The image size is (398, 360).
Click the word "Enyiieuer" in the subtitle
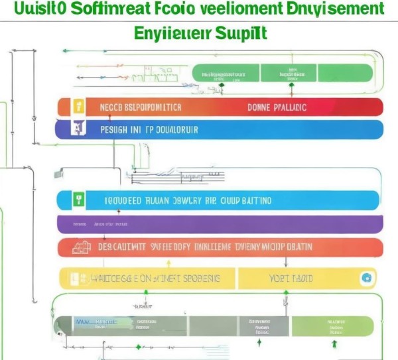pos(170,32)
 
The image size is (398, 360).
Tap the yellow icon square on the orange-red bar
pos(78,107)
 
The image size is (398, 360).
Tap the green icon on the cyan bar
pos(78,200)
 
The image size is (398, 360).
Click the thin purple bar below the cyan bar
pos(219,224)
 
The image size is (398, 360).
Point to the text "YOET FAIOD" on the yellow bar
pos(293,278)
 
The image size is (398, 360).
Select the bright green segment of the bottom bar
pos(335,325)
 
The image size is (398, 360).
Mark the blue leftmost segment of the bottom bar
pos(83,325)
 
